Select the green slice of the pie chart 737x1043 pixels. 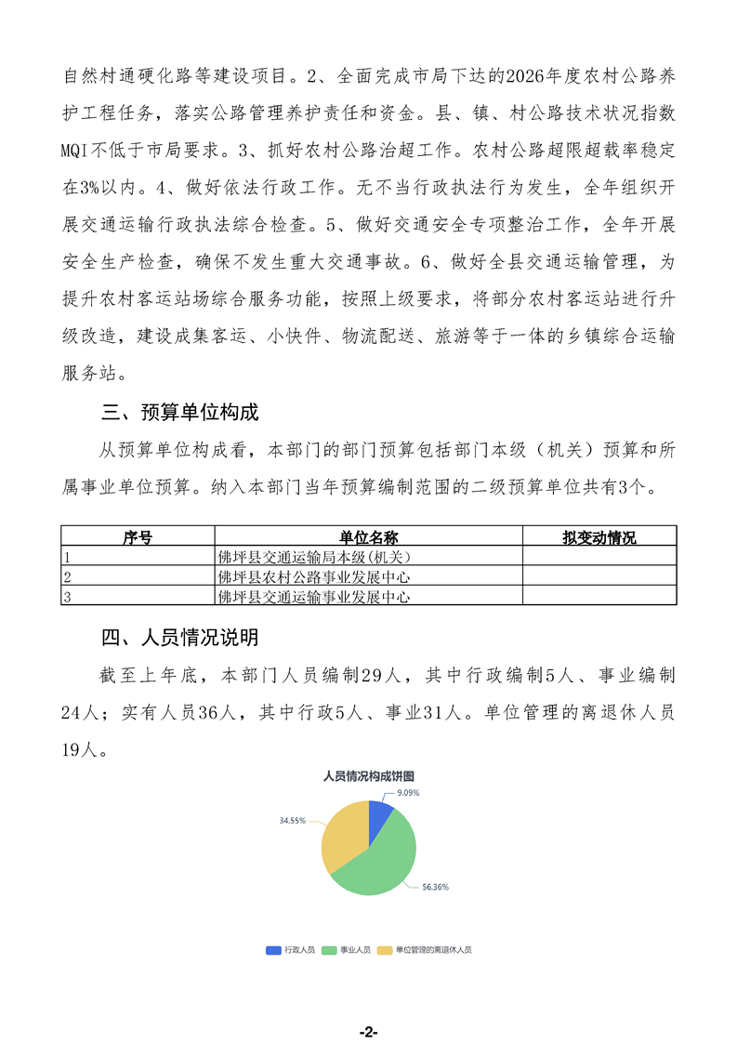381,865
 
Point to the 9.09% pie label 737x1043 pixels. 409,793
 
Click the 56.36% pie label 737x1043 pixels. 435,887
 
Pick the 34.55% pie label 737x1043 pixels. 292,822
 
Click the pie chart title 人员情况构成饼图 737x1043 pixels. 369,775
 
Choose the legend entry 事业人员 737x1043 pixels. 355,950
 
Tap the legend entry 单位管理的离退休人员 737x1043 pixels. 433,950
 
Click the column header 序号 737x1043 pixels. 138,538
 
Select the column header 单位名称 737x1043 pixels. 368,538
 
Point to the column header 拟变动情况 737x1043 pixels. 599,538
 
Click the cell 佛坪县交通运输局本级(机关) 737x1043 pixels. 314,557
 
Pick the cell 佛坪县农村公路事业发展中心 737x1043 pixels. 314,577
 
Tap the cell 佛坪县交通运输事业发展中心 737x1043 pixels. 314,597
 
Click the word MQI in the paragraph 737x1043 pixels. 82,149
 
